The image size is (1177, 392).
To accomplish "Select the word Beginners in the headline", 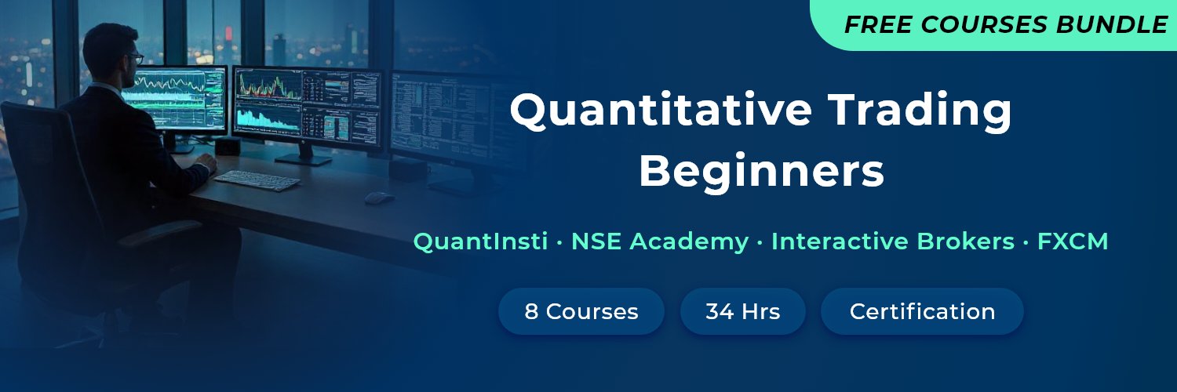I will pos(761,172).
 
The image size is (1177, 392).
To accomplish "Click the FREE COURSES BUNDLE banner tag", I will pos(997,25).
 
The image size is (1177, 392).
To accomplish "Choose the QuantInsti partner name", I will pos(480,241).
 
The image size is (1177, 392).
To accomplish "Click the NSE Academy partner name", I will pos(659,241).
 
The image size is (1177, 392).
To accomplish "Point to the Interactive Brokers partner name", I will pos(893,241).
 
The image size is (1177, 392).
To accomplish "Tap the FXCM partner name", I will pos(1073,241).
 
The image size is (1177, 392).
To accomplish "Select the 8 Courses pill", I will pos(581,311).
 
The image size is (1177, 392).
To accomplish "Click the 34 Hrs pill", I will pos(742,311).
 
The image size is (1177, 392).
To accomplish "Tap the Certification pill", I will pos(922,311).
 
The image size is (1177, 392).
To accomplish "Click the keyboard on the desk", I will pos(257,180).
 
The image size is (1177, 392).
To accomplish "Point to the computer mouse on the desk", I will pos(379,198).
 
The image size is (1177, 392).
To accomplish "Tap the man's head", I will pos(110,51).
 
